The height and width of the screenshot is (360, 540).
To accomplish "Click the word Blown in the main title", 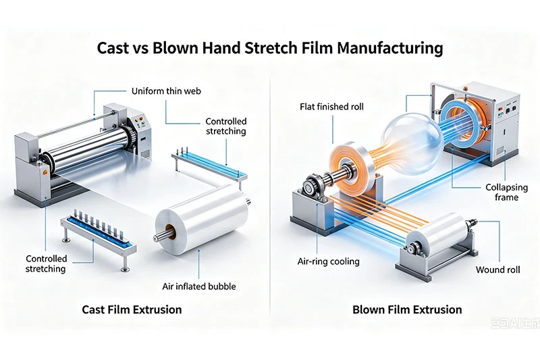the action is pyautogui.click(x=175, y=48).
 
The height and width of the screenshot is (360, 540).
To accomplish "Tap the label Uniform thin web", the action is pyautogui.click(x=166, y=91).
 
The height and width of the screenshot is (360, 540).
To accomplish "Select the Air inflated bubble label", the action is pyautogui.click(x=199, y=286).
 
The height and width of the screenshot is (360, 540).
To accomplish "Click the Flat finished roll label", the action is pyautogui.click(x=331, y=107).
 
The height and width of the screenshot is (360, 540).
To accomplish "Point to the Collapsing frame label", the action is pyautogui.click(x=507, y=192).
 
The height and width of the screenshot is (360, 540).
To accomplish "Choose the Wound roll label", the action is pyautogui.click(x=498, y=269).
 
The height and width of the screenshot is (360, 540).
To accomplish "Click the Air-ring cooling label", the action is pyautogui.click(x=329, y=262).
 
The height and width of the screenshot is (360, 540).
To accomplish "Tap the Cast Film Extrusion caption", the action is pyautogui.click(x=132, y=309).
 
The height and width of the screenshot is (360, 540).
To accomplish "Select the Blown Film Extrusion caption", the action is pyautogui.click(x=407, y=309).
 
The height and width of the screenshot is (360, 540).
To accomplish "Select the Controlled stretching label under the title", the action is pyautogui.click(x=226, y=126).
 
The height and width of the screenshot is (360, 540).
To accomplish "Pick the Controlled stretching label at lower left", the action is pyautogui.click(x=46, y=264).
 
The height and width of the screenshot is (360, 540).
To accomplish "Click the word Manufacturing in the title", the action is pyautogui.click(x=390, y=48).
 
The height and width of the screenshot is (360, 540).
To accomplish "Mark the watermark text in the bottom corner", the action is pyautogui.click(x=515, y=323).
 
